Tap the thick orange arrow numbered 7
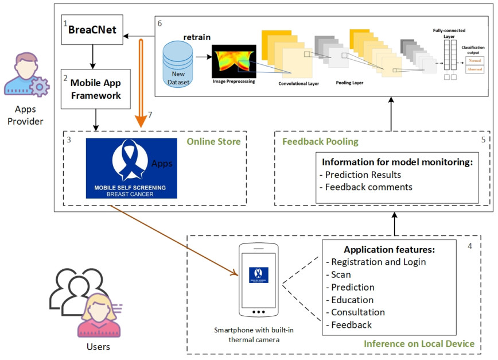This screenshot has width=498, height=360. (138, 80)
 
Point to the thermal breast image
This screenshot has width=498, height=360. (234, 62)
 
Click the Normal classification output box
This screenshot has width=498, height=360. (476, 60)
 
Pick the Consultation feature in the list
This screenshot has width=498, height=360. (357, 312)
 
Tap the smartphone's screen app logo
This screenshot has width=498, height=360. (259, 274)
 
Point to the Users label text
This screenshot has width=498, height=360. (99, 347)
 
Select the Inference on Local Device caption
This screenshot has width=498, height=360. (419, 343)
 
